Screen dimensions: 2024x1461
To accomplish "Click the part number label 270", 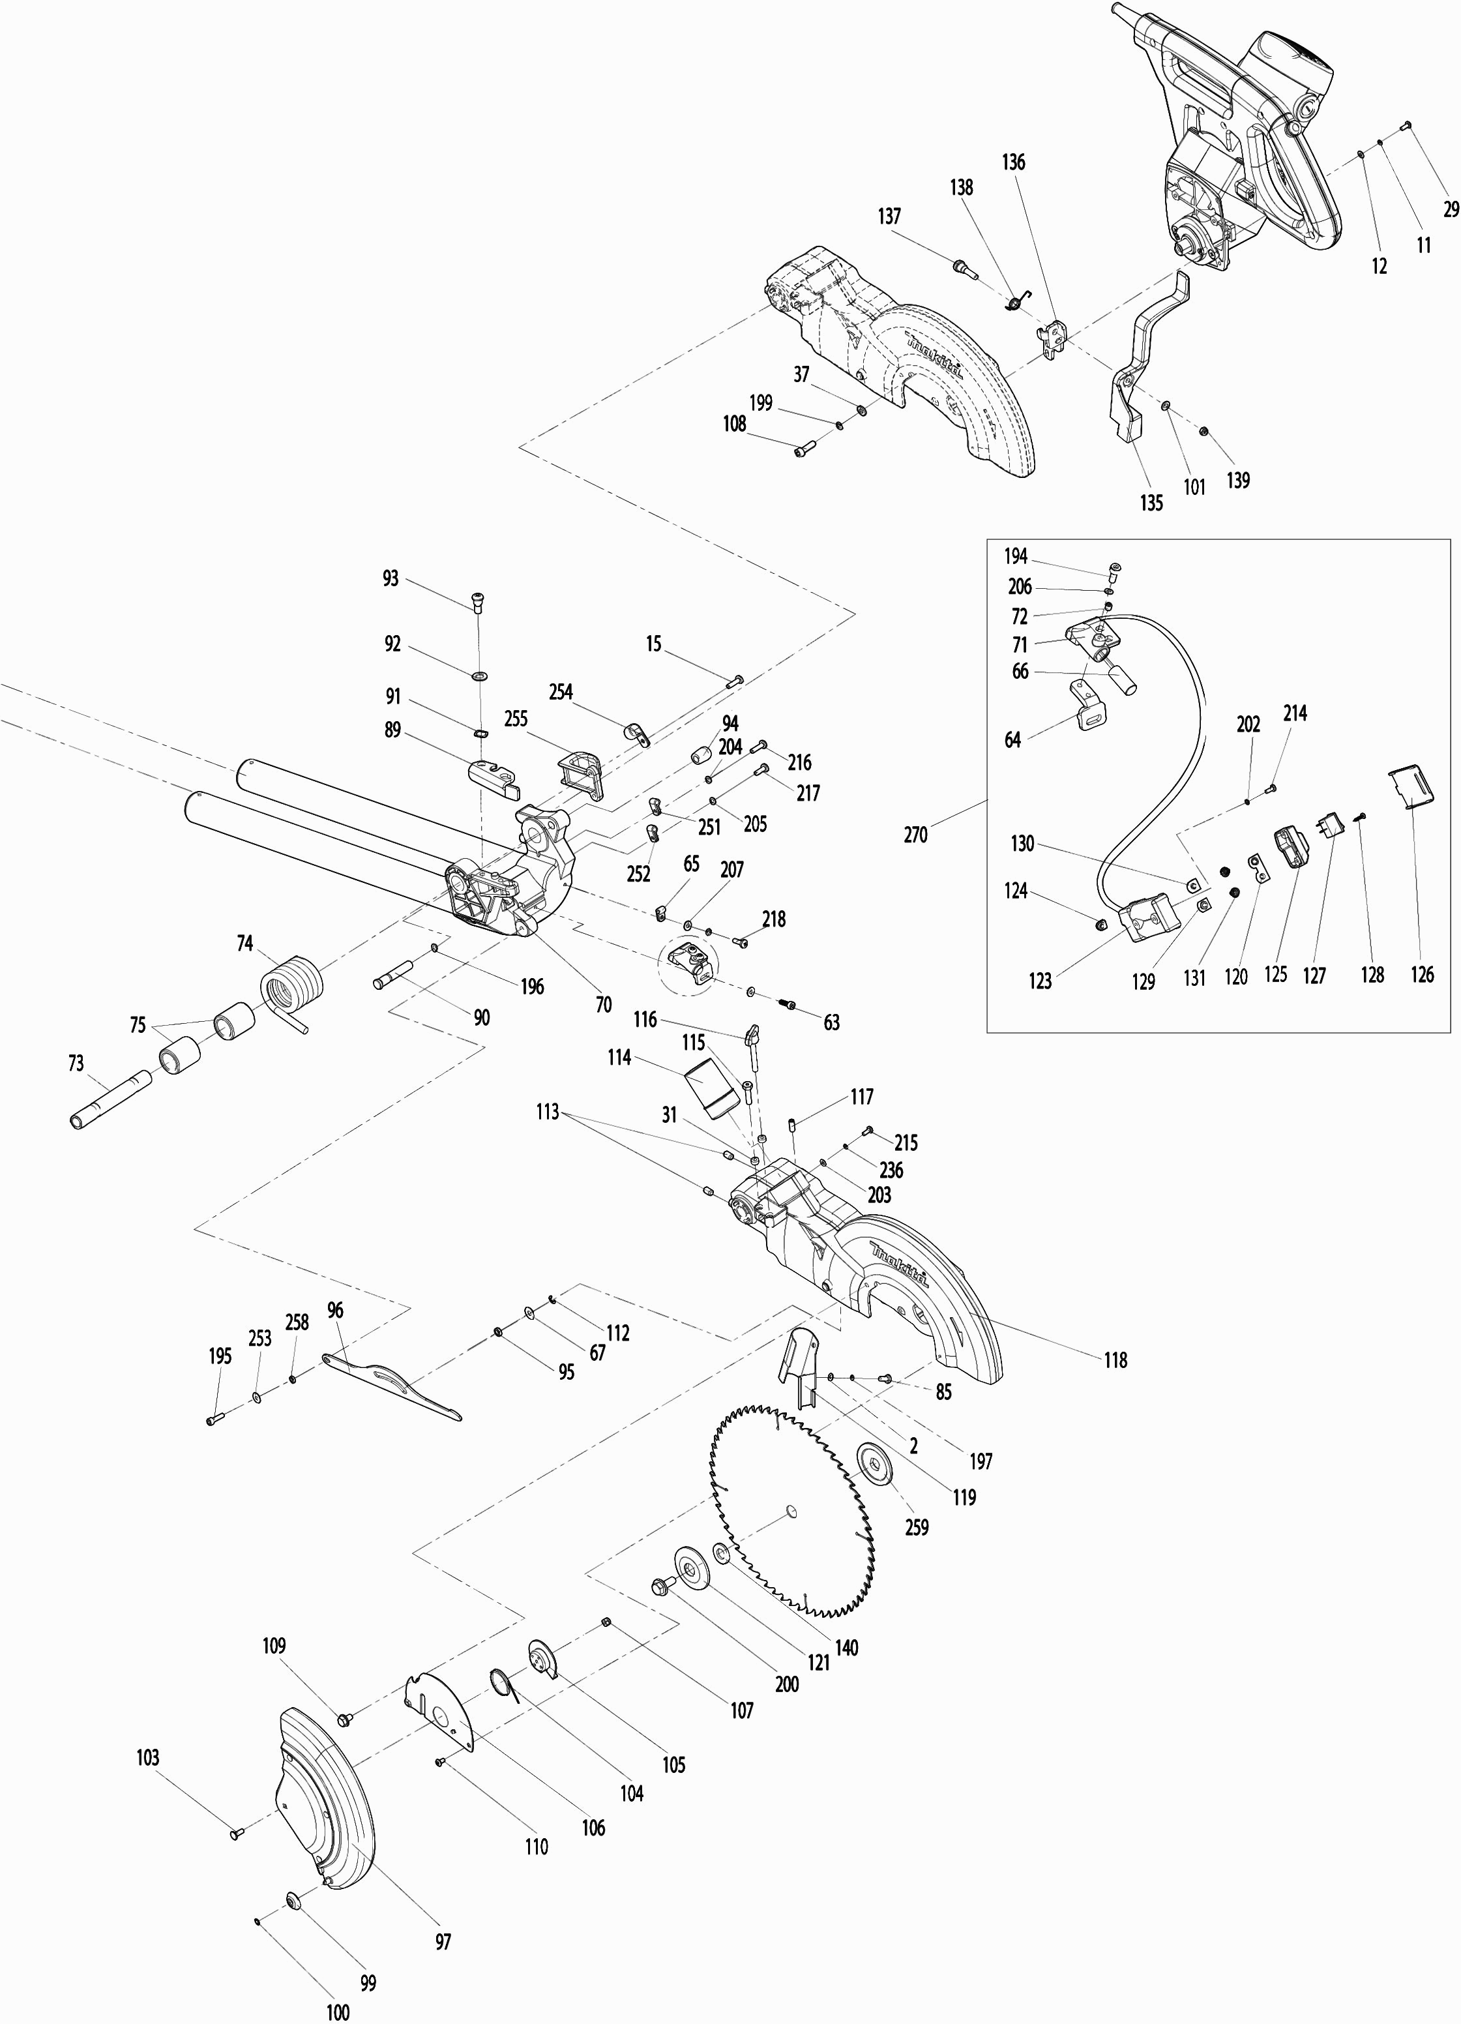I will tap(916, 835).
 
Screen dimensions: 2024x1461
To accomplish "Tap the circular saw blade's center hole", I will tap(791, 1511).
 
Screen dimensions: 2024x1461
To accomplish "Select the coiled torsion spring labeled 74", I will tap(291, 986).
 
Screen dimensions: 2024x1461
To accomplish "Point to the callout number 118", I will tap(1115, 1360).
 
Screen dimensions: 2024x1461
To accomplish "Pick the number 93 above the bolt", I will tap(390, 579).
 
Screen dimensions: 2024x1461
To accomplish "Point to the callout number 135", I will tap(1151, 503).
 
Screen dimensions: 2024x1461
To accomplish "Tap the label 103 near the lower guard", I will tap(147, 1757).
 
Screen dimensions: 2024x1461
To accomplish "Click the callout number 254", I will tap(561, 692).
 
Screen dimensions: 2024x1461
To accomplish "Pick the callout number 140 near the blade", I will tap(846, 1647).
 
